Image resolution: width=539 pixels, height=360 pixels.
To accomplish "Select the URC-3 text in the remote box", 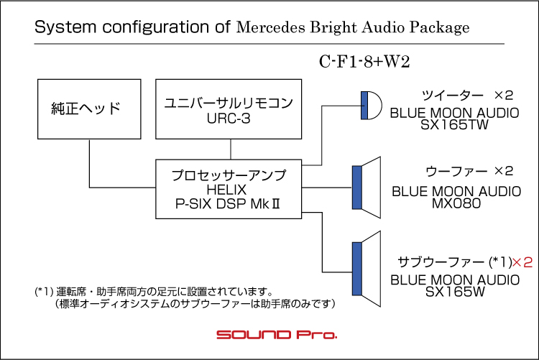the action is click(229, 119).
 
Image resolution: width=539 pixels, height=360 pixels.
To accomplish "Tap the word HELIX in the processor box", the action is click(226, 190).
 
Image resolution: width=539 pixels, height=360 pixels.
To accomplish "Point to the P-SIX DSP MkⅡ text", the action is click(227, 204).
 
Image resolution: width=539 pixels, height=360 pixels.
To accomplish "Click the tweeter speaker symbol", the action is click(372, 105).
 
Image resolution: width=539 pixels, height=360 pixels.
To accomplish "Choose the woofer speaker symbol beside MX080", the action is click(367, 188).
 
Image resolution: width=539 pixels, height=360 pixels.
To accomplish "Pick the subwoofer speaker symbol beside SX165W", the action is click(367, 269).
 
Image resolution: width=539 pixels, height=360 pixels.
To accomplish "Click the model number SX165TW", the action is click(454, 125).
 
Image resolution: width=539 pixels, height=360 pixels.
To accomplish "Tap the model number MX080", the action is click(456, 203).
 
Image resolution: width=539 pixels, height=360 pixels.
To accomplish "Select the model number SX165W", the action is click(455, 292).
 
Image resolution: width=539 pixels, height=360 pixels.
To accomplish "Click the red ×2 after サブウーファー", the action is click(522, 263).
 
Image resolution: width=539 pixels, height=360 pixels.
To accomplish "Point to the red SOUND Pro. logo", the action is click(277, 335).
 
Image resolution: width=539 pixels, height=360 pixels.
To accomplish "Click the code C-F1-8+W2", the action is click(364, 62).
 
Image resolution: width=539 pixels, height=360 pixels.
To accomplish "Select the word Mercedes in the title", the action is click(270, 27).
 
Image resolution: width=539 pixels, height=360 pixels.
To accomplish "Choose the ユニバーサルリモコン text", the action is click(229, 103).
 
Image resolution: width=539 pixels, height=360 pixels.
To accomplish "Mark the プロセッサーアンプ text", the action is click(229, 175).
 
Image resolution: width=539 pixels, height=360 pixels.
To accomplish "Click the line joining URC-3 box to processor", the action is click(231, 149).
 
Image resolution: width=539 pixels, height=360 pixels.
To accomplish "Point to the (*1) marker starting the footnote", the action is click(44, 292).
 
